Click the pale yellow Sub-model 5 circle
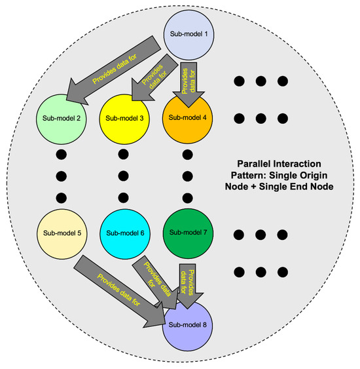click(61, 233)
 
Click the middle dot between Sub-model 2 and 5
click(61, 176)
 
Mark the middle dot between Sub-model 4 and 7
click(187, 176)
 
